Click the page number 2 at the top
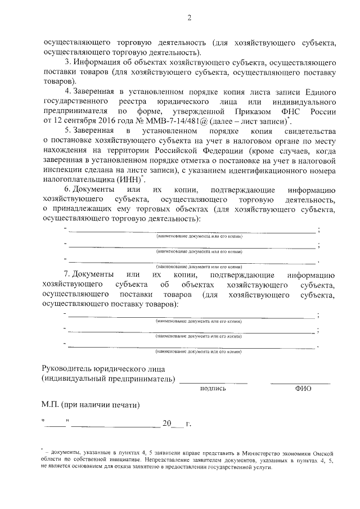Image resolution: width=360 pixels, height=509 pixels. (x=189, y=18)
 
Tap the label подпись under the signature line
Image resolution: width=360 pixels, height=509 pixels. (x=213, y=388)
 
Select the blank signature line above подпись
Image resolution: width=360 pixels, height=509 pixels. (x=214, y=382)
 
